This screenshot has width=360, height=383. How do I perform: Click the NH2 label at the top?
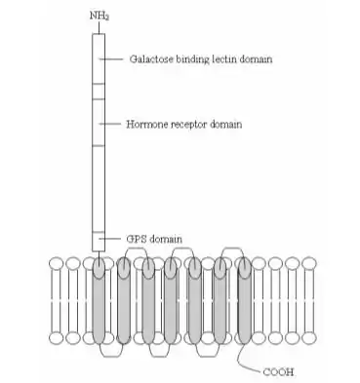[x=99, y=16]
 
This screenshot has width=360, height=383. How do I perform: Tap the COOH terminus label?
[x=278, y=371]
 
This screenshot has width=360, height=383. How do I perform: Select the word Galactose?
[x=151, y=59]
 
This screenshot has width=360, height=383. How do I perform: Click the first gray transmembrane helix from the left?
[x=99, y=300]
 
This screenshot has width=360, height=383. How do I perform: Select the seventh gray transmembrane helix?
[x=245, y=300]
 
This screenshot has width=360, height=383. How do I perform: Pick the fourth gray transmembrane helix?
[x=171, y=300]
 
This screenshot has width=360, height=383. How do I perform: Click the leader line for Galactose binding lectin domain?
[x=111, y=59]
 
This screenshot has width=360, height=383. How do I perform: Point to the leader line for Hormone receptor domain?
[x=110, y=124]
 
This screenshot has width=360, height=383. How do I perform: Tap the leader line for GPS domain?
[x=110, y=239]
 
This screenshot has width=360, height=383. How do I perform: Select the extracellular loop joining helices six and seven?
[x=232, y=249]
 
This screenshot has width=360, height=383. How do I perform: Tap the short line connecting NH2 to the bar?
[x=99, y=28]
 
